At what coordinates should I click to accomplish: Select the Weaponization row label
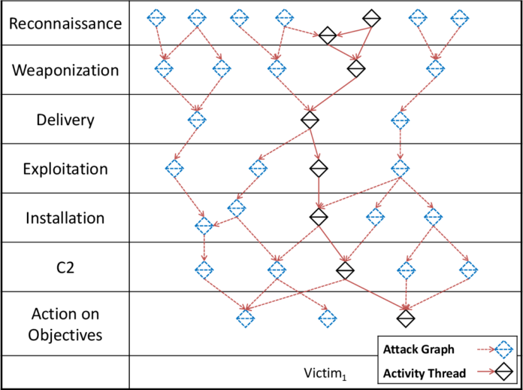[x=65, y=70]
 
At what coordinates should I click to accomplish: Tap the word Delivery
[x=65, y=120]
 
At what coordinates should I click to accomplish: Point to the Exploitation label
[x=65, y=169]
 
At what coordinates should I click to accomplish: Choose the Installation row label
[x=65, y=218]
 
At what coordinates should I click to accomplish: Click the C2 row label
[x=65, y=267]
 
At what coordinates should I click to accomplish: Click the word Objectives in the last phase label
[x=65, y=334]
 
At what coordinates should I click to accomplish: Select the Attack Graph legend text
[x=419, y=349]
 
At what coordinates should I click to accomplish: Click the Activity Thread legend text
[x=425, y=373]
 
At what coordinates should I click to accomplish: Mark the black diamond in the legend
[x=502, y=373]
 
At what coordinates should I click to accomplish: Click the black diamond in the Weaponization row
[x=356, y=69]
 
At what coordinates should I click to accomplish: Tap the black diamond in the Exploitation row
[x=319, y=167]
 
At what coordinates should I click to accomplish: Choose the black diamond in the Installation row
[x=319, y=217]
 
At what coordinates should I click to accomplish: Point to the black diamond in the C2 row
[x=345, y=269]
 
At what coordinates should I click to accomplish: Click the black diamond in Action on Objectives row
[x=406, y=318]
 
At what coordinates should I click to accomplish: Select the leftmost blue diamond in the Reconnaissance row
[x=156, y=17]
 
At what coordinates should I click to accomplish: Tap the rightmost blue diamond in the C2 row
[x=469, y=269]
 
